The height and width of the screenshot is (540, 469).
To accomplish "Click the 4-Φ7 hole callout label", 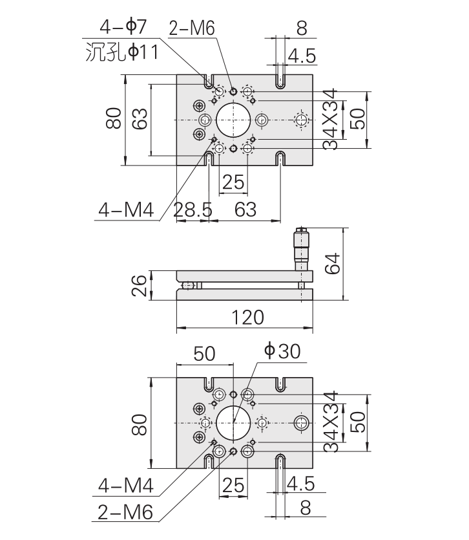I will pyautogui.click(x=123, y=27).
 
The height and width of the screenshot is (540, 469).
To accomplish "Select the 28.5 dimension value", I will pyautogui.click(x=193, y=209).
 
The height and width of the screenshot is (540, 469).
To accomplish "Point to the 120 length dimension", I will pyautogui.click(x=245, y=318).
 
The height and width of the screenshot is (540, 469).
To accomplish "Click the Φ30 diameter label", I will pyautogui.click(x=282, y=351).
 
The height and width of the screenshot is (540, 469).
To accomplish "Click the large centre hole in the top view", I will pyautogui.click(x=233, y=120).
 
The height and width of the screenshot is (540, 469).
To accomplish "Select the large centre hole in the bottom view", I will pyautogui.click(x=233, y=423).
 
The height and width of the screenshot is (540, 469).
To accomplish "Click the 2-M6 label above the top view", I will pyautogui.click(x=191, y=27).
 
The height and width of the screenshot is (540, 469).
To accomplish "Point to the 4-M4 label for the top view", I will pyautogui.click(x=125, y=210).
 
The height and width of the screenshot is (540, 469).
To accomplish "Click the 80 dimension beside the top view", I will pyautogui.click(x=114, y=120).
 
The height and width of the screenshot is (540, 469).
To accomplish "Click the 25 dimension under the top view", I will pyautogui.click(x=233, y=183).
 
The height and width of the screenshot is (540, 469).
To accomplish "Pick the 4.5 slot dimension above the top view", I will pyautogui.click(x=302, y=56).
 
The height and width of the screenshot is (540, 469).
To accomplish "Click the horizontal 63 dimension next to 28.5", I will pyautogui.click(x=245, y=209).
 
